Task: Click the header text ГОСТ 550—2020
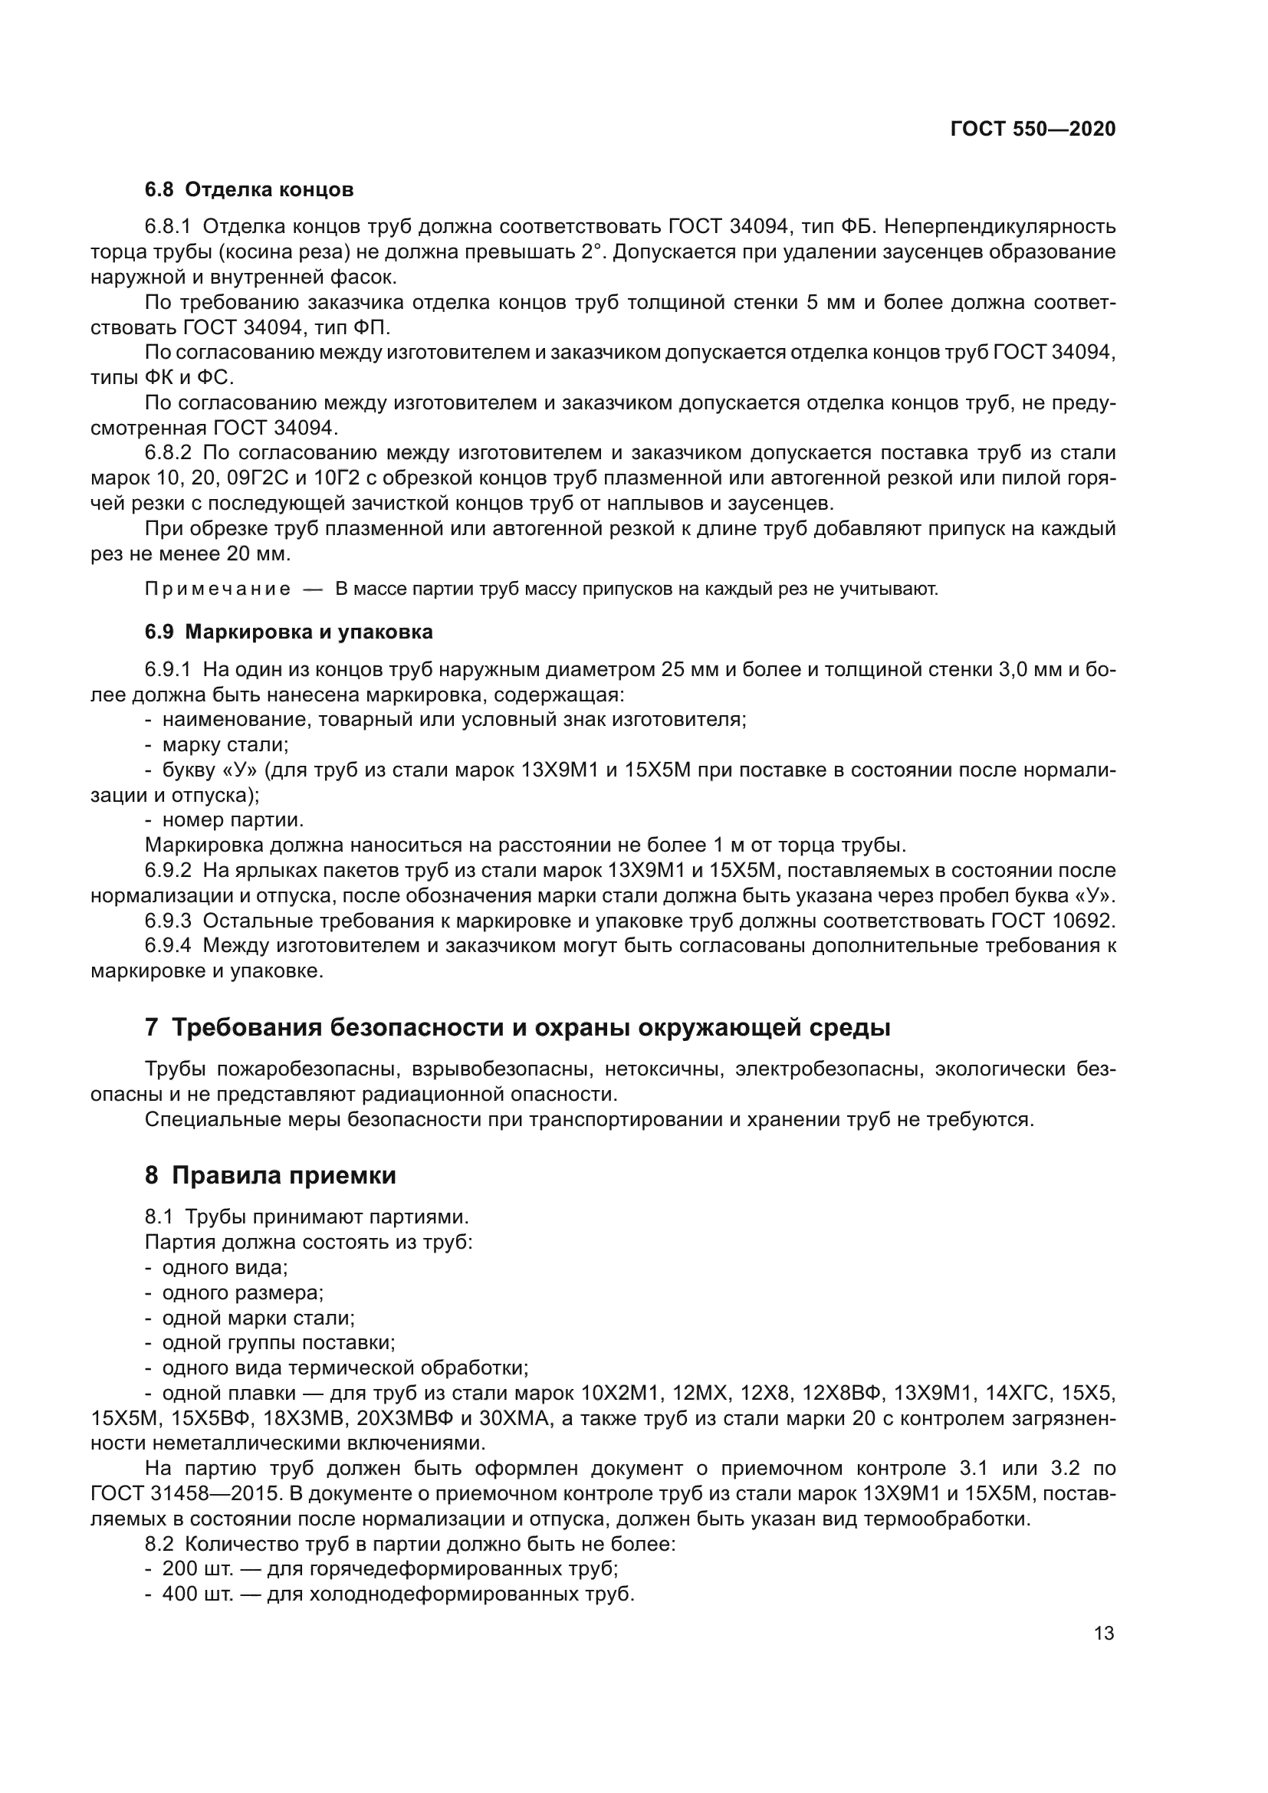[1032, 130]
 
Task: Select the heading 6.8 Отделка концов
[249, 190]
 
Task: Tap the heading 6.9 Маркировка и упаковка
[288, 632]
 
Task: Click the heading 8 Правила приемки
[270, 1175]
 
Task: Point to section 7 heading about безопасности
[517, 1028]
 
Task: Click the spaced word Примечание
[218, 589]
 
